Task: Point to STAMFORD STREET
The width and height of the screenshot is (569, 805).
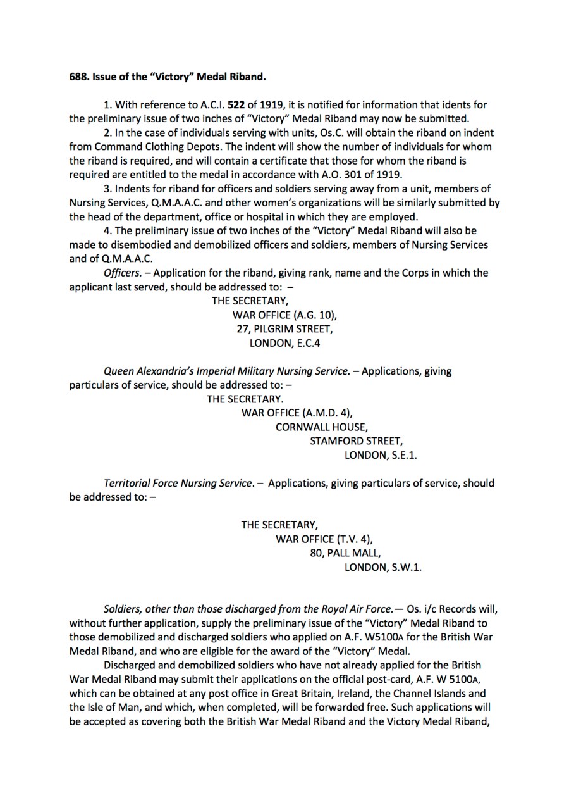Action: click(x=355, y=441)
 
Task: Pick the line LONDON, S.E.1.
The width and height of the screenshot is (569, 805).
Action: click(x=381, y=455)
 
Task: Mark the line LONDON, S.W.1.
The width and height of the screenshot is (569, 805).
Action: click(x=382, y=567)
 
